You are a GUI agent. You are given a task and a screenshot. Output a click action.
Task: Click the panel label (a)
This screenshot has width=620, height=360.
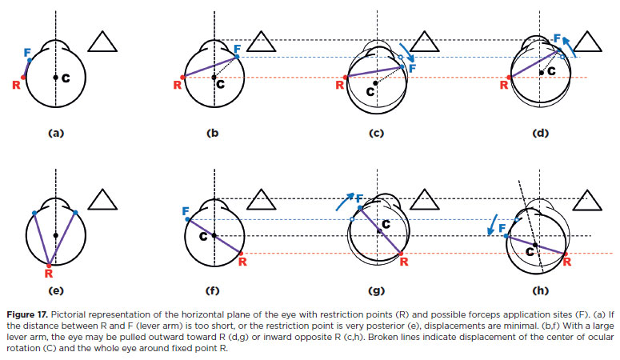pos(55,134)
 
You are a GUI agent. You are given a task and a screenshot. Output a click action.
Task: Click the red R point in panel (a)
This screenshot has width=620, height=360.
pos(24,78)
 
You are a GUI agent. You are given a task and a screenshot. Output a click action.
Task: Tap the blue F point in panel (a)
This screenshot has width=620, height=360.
pos(30,60)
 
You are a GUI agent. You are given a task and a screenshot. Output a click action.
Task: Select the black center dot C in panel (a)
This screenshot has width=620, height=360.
pos(55,78)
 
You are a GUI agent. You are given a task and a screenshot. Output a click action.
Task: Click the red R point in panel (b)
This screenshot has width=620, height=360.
pos(182,78)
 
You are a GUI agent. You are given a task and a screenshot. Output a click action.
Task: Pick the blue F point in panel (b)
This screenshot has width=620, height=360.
pos(238,56)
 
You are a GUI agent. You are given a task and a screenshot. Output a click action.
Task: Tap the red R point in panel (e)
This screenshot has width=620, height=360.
pos(50,262)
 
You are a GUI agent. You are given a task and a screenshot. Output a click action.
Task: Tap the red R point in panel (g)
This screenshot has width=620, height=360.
pos(401,253)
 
